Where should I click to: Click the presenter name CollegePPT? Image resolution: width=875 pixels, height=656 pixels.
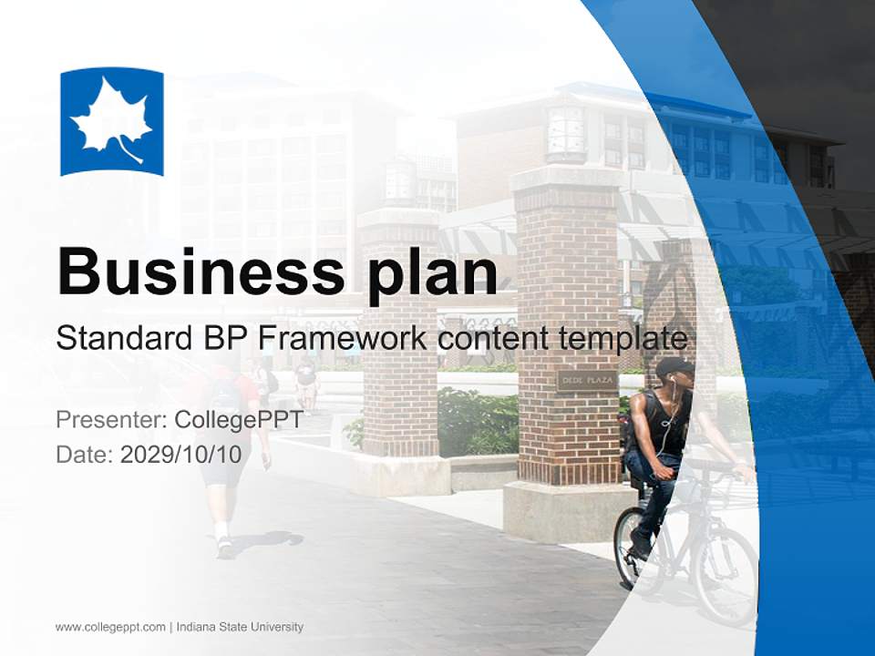point(238,420)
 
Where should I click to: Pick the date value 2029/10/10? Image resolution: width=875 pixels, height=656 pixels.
point(181,454)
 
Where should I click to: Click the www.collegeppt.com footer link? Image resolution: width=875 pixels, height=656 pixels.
point(110,627)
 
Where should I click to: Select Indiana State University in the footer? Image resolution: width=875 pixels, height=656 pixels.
point(240,627)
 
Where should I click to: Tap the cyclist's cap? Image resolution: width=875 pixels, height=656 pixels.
point(674,366)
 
